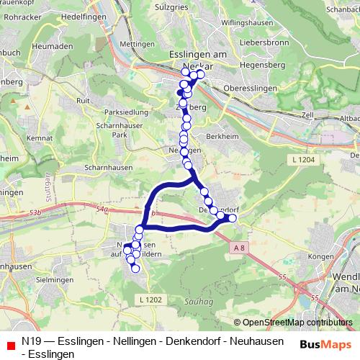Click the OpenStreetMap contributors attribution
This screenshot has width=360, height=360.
tap(297, 322)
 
